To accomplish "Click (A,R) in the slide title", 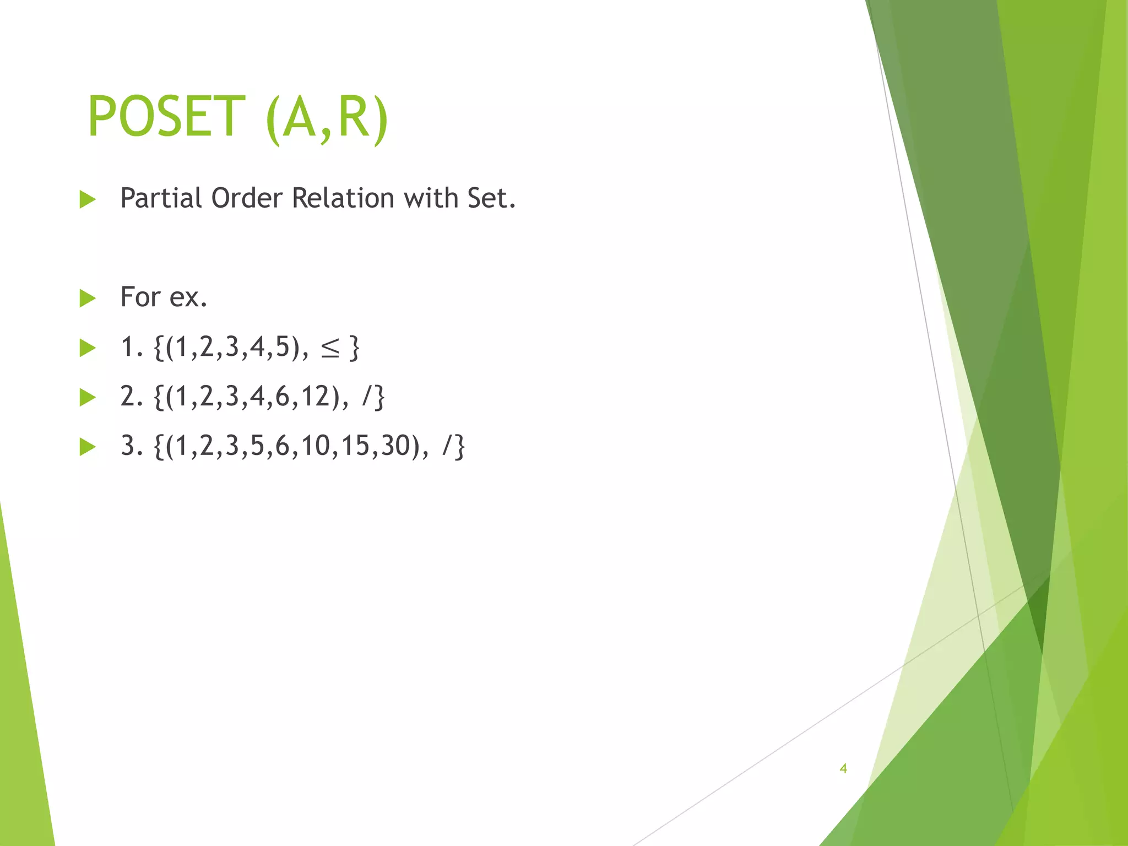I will click(327, 118).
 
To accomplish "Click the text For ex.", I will click(164, 297).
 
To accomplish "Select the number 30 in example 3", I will click(395, 446).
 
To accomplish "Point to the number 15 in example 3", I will click(355, 446).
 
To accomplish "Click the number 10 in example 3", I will click(315, 446).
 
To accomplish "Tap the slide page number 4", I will click(843, 768).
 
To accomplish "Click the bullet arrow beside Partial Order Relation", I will click(88, 199).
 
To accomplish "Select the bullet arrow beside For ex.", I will click(88, 298).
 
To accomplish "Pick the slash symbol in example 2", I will click(367, 397).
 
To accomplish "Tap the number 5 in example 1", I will click(283, 348).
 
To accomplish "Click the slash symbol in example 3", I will click(447, 446).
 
